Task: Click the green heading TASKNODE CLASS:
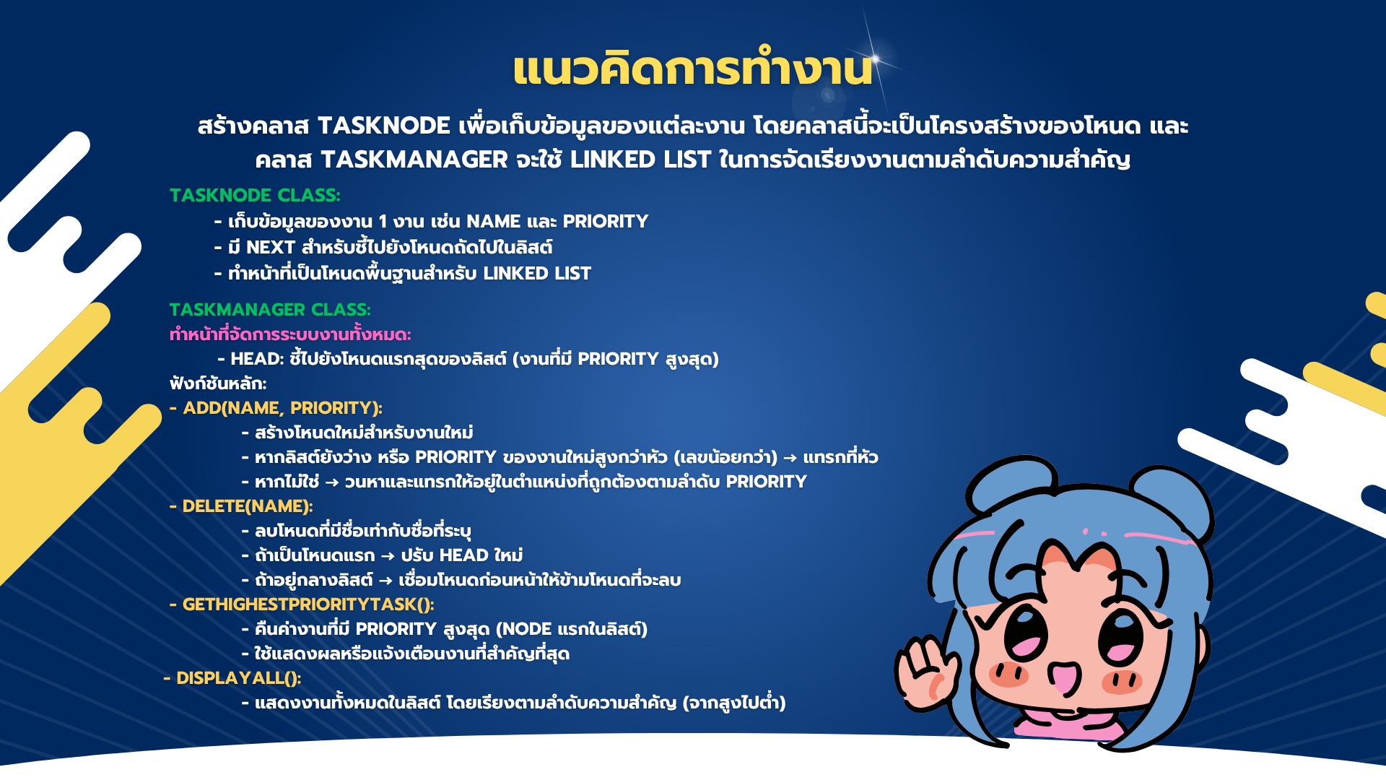(255, 195)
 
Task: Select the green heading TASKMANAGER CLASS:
(270, 309)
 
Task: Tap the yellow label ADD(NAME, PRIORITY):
(282, 408)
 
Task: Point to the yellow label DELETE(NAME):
(248, 506)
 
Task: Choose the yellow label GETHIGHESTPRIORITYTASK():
(308, 604)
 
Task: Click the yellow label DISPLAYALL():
(239, 678)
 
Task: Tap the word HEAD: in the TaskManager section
(258, 359)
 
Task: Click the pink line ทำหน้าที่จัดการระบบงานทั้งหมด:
(290, 334)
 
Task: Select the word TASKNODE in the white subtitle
(384, 126)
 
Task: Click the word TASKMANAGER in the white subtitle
(414, 160)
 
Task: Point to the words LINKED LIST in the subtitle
(640, 160)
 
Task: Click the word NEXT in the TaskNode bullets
(271, 248)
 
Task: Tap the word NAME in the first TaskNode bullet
(494, 222)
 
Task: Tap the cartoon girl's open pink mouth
(1065, 679)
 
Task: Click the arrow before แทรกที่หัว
(790, 458)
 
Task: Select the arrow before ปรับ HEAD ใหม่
(388, 556)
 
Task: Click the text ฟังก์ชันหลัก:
(218, 383)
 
